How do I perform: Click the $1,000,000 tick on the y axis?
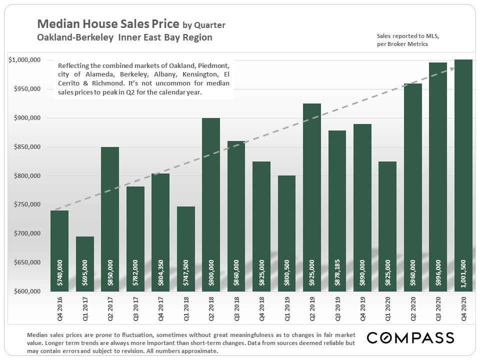24,60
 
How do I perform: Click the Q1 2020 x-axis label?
388,310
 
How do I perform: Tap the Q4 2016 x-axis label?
59,310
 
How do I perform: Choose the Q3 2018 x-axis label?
236,310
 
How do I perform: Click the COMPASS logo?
410,337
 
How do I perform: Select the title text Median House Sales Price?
108,24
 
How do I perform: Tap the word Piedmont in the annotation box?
211,66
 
